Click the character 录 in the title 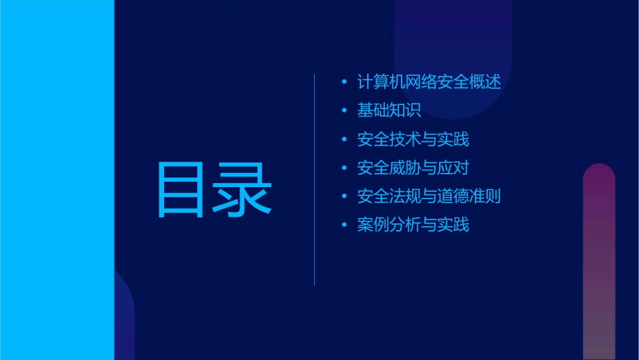tap(244, 189)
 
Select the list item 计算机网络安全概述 tap(429, 82)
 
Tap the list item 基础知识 tap(389, 110)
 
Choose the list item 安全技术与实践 tap(413, 139)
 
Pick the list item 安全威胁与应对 tap(413, 168)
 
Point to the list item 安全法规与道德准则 tap(429, 196)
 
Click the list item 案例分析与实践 tap(413, 225)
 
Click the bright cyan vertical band tap(57, 180)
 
